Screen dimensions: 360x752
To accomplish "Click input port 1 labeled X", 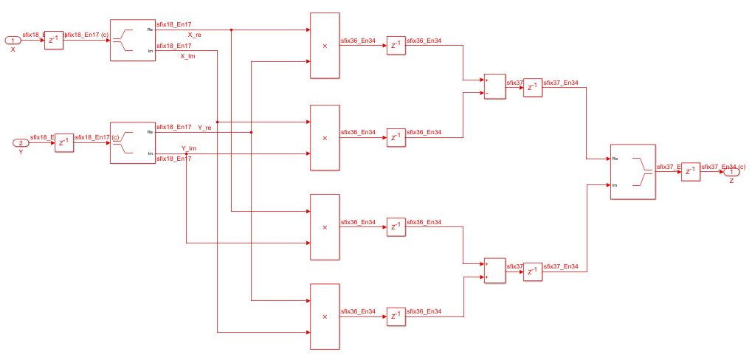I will (13, 40).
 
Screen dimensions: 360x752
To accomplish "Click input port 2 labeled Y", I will (21, 142).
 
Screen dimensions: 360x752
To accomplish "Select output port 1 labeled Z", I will (731, 172).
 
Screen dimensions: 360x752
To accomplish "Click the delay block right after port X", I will (53, 41).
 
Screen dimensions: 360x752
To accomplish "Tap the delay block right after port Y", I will (64, 143).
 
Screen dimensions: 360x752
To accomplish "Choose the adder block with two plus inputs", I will (494, 271).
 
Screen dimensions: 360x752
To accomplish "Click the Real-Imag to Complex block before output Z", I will (633, 172).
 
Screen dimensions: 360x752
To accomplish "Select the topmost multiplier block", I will (325, 45).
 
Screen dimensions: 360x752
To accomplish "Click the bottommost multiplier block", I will (325, 316).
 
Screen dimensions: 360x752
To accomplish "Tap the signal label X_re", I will (195, 35).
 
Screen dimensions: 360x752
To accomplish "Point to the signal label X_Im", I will (188, 56).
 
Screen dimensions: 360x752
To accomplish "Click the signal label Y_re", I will (204, 128).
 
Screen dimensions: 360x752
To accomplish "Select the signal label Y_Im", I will (189, 148).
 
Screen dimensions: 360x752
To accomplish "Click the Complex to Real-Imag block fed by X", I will (133, 41).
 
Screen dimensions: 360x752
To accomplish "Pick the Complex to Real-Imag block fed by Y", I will (133, 143).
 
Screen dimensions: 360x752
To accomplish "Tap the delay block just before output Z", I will (690, 172).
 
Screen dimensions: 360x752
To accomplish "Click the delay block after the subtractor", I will (533, 88).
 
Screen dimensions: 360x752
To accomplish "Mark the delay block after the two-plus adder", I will (533, 272).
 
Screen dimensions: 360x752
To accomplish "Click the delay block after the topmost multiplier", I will (396, 46).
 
